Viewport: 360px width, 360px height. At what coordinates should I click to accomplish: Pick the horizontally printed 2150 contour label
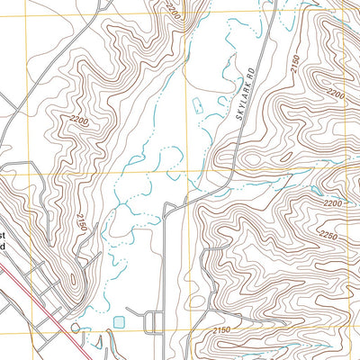228,333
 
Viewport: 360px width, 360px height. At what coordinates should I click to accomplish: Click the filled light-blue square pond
120,322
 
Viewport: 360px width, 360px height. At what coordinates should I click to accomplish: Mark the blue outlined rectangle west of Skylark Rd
213,115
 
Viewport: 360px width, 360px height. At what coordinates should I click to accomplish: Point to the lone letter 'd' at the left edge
4,246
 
